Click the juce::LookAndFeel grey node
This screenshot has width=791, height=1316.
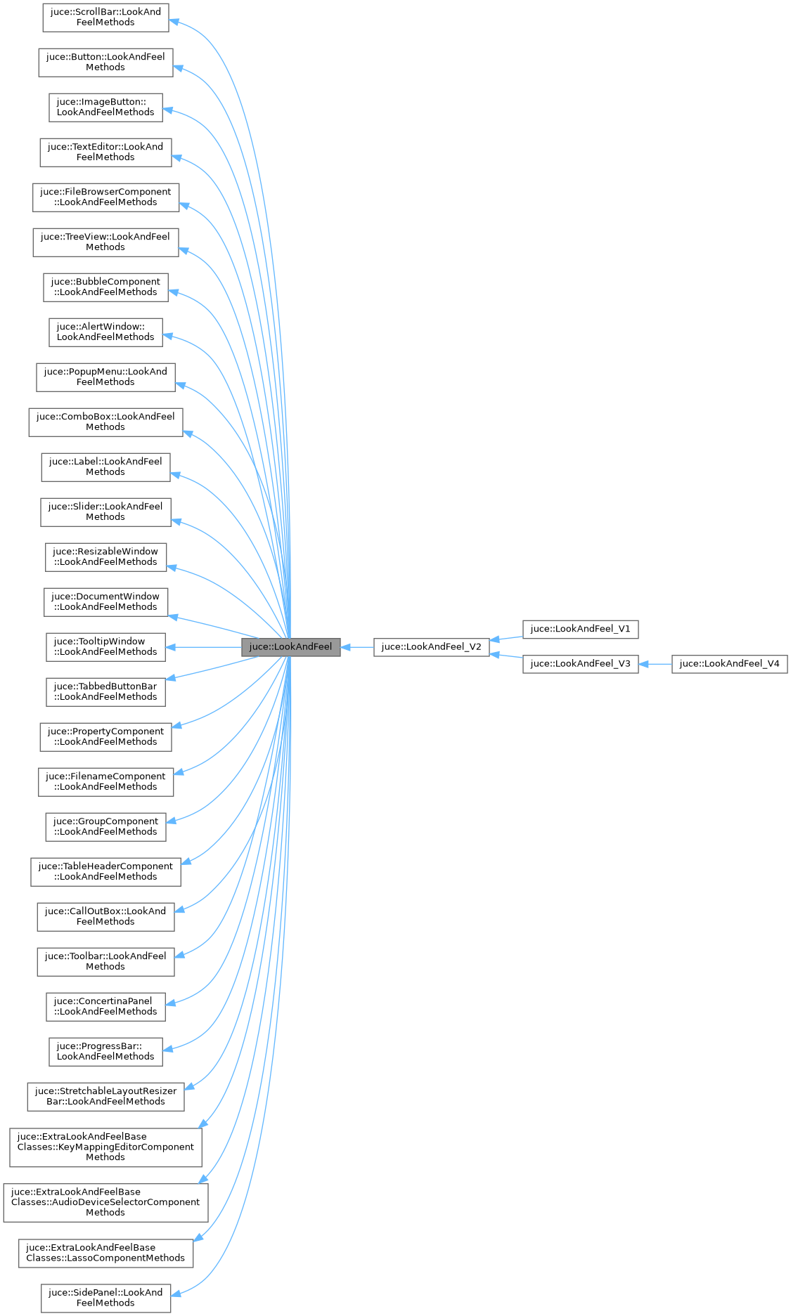(290, 647)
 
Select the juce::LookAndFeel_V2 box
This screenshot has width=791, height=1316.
(431, 647)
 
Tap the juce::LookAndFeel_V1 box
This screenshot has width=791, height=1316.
(580, 629)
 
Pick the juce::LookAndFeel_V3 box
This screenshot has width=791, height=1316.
(580, 664)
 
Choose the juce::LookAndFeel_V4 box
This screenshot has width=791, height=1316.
(729, 664)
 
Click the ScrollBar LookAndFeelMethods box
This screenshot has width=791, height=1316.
(105, 18)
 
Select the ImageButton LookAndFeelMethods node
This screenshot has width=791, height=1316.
(105, 108)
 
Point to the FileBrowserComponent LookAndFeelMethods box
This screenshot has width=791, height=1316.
(105, 197)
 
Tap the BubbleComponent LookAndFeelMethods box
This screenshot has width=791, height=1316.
(105, 287)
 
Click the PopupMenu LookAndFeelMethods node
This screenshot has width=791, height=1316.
(105, 377)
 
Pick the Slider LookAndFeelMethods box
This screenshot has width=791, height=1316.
(105, 512)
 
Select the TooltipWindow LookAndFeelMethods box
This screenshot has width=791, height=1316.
(105, 647)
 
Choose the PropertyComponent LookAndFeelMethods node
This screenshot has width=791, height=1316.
(105, 737)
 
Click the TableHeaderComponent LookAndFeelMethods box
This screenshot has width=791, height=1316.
(105, 872)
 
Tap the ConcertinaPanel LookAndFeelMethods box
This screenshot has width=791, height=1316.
(105, 1007)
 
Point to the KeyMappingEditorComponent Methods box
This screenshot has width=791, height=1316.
(105, 1147)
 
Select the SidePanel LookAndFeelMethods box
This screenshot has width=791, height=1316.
(105, 1298)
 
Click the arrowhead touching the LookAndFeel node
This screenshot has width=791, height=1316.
(346, 647)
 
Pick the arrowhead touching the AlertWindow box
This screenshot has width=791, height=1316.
(168, 337)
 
